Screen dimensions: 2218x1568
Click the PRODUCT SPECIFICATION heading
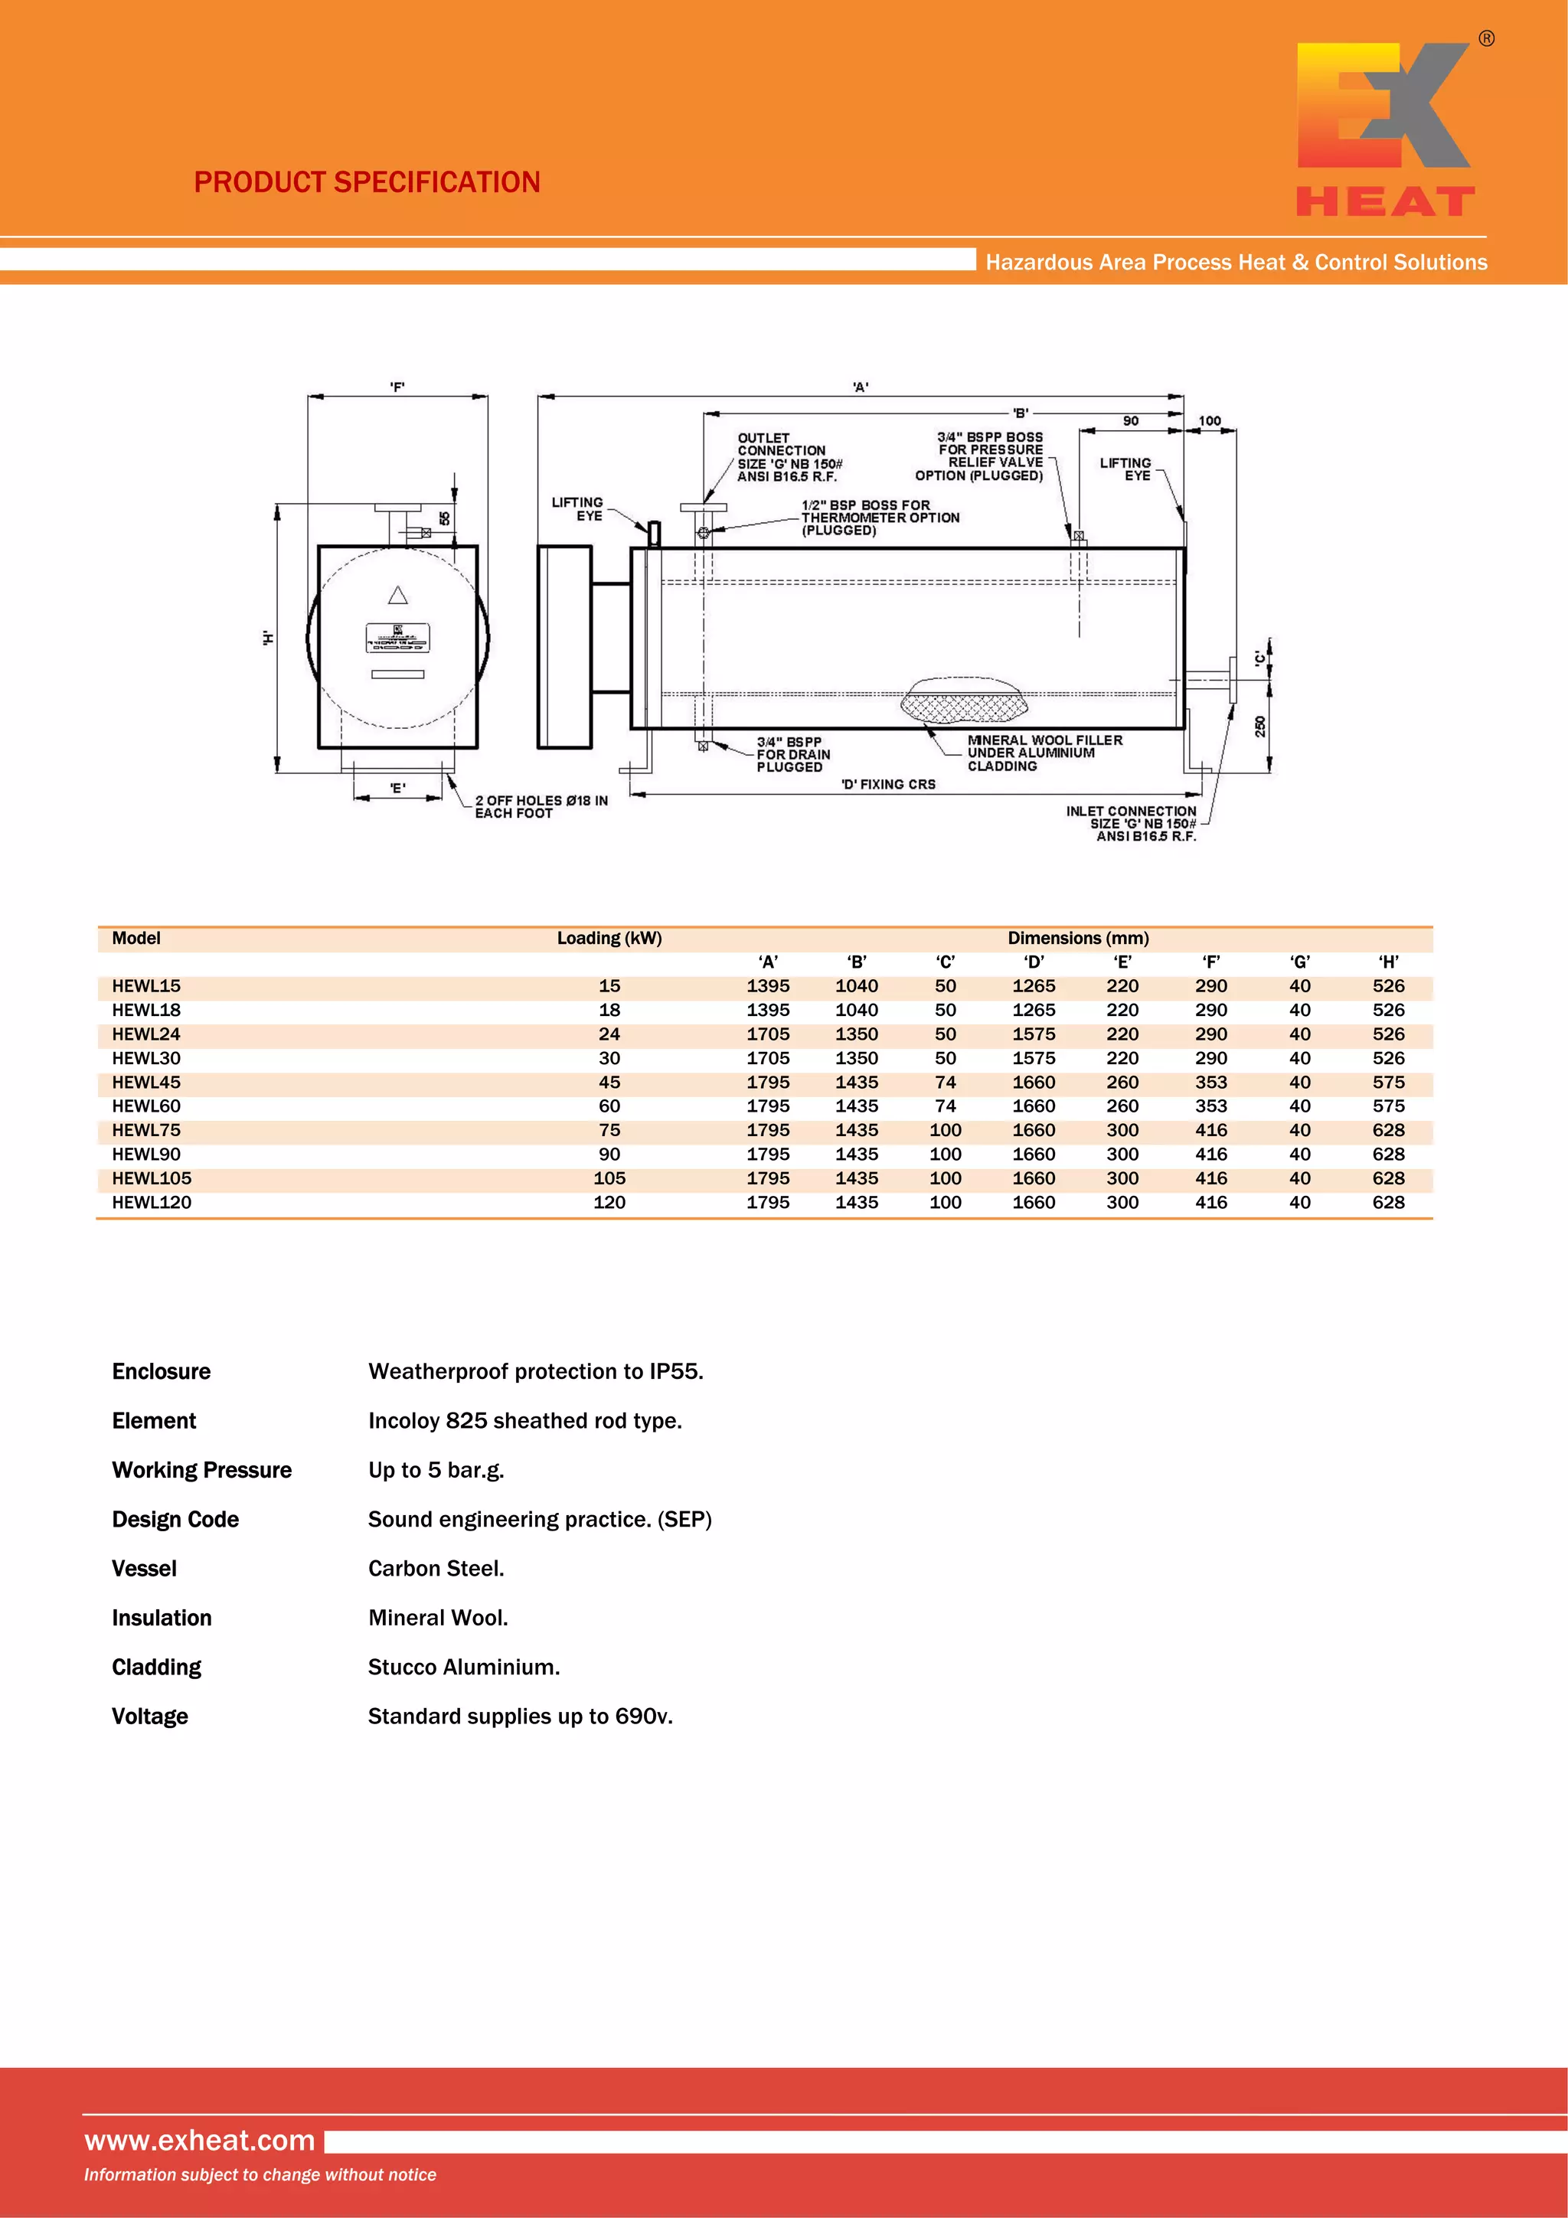point(367,182)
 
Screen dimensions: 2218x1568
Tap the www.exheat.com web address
point(200,2140)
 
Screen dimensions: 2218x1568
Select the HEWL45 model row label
point(146,1082)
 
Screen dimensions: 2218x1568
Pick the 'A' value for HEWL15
point(768,986)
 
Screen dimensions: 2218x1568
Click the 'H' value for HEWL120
point(1388,1203)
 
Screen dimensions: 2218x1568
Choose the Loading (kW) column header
point(609,938)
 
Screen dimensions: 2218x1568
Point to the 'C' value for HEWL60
point(945,1106)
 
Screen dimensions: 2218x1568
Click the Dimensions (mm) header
point(1078,938)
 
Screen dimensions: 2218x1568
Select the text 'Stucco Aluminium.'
point(464,1668)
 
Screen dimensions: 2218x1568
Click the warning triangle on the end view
point(398,595)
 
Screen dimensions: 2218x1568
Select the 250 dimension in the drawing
point(1259,727)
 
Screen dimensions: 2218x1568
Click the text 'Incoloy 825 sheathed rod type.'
point(524,1421)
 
